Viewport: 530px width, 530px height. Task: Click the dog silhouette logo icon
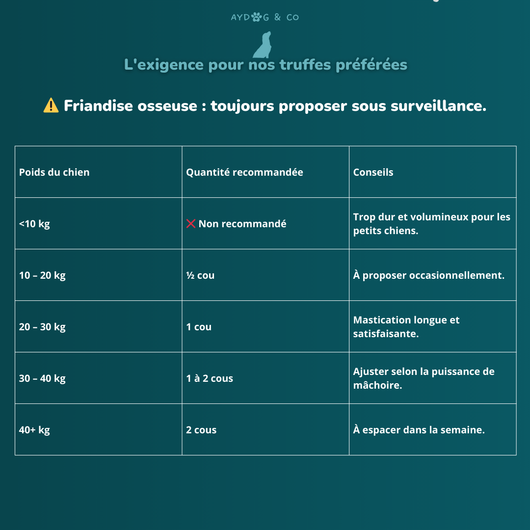[x=263, y=45]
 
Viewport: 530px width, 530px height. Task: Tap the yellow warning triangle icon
[x=51, y=106]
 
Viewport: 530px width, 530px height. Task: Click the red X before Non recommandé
[x=191, y=224]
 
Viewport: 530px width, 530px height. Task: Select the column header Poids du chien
[x=54, y=172]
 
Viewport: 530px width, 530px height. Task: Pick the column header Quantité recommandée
[x=244, y=172]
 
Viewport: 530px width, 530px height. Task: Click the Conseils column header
[x=373, y=172]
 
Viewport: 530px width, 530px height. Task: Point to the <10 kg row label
[x=34, y=224]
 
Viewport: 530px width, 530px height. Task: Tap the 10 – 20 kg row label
[x=43, y=275]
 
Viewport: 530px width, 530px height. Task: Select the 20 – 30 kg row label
[x=43, y=327]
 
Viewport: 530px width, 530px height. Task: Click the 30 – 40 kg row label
[x=43, y=378]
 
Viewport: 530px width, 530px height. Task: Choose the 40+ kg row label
[x=34, y=430]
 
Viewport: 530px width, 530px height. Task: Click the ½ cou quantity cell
[x=200, y=275]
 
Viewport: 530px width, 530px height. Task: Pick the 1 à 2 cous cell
[x=210, y=378]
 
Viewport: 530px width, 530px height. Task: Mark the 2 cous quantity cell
[x=201, y=430]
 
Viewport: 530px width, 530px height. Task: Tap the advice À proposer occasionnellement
[x=428, y=275]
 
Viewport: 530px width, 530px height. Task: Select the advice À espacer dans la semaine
[x=419, y=430]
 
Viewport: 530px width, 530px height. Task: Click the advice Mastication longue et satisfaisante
[x=406, y=327]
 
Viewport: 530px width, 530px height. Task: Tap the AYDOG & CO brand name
[x=264, y=17]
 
